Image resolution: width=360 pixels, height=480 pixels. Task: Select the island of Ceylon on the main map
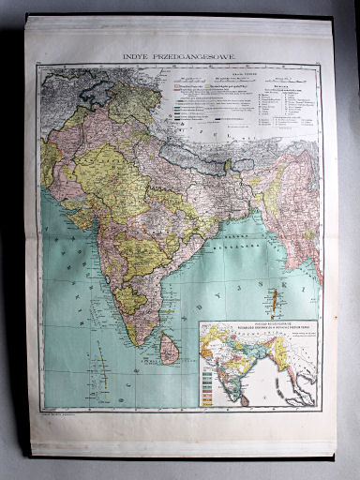(x=170, y=351)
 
